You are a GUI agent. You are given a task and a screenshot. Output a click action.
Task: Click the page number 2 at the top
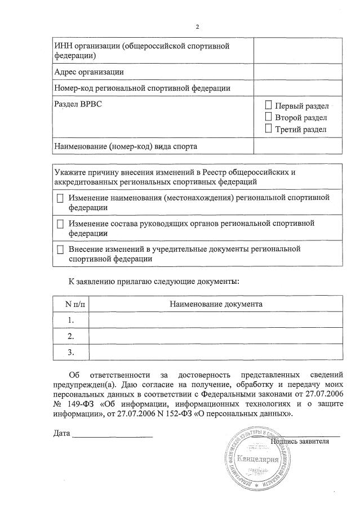(x=197, y=27)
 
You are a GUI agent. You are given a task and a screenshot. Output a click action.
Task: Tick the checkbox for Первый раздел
(x=268, y=105)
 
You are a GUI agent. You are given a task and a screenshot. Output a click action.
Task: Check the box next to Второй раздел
(x=268, y=117)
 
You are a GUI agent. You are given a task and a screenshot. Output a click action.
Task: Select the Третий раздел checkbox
(x=268, y=129)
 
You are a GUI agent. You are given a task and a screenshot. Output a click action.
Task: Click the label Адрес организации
(x=88, y=72)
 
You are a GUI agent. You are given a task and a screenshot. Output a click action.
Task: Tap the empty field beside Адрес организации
(x=297, y=72)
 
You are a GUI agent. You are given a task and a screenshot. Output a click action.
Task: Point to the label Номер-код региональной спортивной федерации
(x=142, y=88)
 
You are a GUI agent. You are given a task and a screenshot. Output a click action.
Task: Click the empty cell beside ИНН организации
(x=297, y=51)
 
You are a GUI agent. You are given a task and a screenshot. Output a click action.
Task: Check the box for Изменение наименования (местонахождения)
(x=60, y=198)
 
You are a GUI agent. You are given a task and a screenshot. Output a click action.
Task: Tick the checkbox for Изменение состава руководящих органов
(x=60, y=224)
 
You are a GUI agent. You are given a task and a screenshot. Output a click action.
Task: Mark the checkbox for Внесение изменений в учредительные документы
(x=60, y=249)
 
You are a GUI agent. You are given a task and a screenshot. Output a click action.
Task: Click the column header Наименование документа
(x=216, y=304)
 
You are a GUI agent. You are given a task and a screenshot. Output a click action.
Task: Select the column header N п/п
(x=70, y=304)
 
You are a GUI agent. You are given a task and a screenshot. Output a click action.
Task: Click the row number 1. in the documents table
(x=70, y=319)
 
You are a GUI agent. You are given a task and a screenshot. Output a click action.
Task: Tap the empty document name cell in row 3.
(x=216, y=352)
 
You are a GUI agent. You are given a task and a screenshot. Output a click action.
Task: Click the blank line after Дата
(x=113, y=435)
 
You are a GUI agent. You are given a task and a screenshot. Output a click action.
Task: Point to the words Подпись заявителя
(x=300, y=441)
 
